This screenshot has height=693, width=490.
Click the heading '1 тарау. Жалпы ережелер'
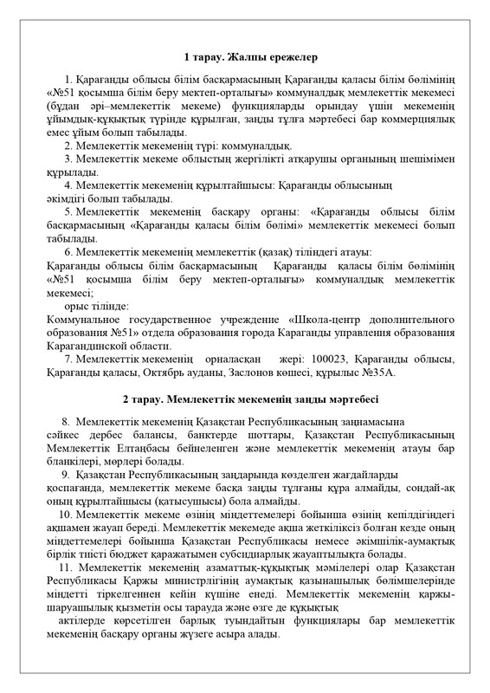click(x=245, y=58)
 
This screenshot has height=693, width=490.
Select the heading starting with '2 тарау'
click(x=245, y=398)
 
